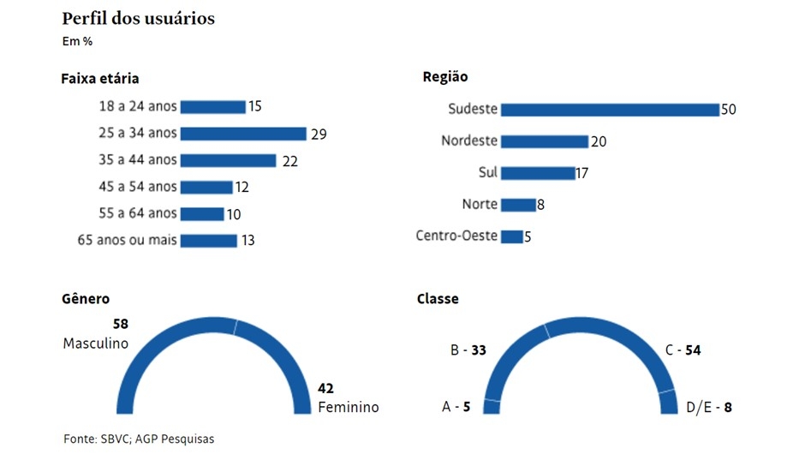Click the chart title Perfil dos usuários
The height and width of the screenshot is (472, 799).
[x=138, y=18]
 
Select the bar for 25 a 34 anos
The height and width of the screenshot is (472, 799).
[x=243, y=134]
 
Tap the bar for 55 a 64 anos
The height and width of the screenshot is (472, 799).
[x=202, y=213]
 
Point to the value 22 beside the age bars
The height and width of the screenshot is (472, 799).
[x=289, y=161]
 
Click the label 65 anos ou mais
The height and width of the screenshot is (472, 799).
[x=128, y=240]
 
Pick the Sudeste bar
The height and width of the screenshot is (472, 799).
[x=609, y=110]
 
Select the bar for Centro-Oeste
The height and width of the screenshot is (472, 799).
[x=511, y=236]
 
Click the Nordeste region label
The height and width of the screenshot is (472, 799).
[x=469, y=140]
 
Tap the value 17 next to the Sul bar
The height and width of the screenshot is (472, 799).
[x=581, y=173]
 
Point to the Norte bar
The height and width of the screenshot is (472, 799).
[x=517, y=205]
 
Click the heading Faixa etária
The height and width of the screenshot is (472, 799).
[x=100, y=79]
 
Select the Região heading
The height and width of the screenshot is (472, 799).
[x=445, y=77]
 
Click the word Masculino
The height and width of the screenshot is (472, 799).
[x=96, y=343]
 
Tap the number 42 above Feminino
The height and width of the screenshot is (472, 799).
[x=325, y=388]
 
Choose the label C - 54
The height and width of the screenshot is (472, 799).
[x=683, y=350]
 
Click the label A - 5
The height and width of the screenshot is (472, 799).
[x=456, y=408]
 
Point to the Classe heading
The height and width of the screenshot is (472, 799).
[x=438, y=299]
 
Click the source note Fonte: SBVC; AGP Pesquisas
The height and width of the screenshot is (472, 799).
[x=139, y=439]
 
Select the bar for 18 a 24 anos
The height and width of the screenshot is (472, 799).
[x=212, y=107]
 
